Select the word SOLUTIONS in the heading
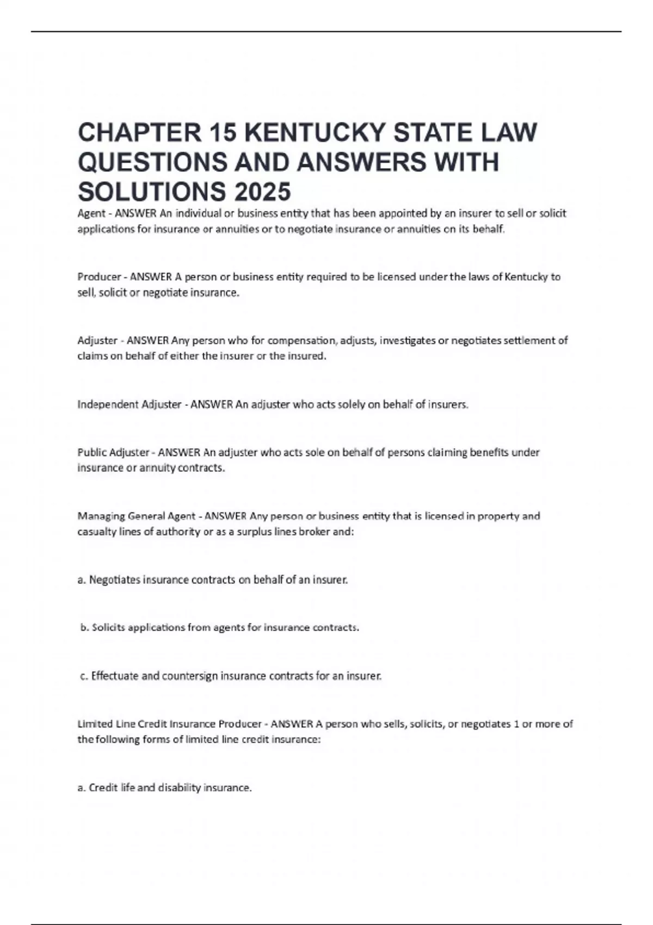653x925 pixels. (151, 191)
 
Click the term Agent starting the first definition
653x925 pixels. (91, 213)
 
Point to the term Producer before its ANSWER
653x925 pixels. (99, 277)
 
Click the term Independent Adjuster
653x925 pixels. (130, 404)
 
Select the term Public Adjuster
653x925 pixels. (113, 452)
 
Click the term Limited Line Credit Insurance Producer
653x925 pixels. (169, 724)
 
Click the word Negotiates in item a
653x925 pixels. (114, 580)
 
